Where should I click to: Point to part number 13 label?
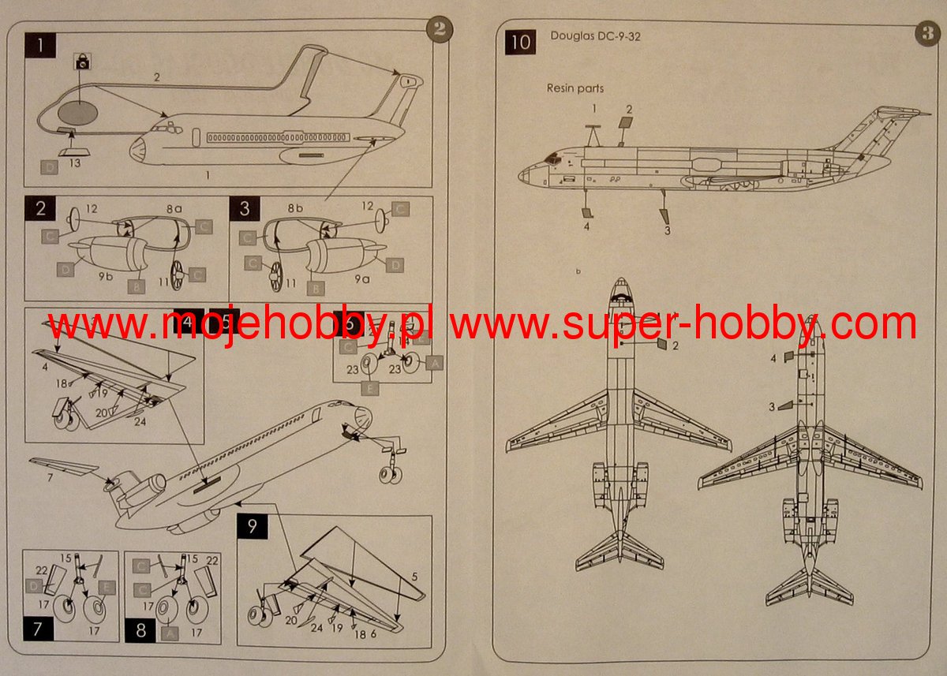(x=74, y=162)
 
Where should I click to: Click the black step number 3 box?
(x=245, y=209)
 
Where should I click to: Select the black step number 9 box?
(x=253, y=527)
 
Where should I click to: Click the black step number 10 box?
(x=521, y=42)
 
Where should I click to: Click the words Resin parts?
(x=575, y=88)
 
